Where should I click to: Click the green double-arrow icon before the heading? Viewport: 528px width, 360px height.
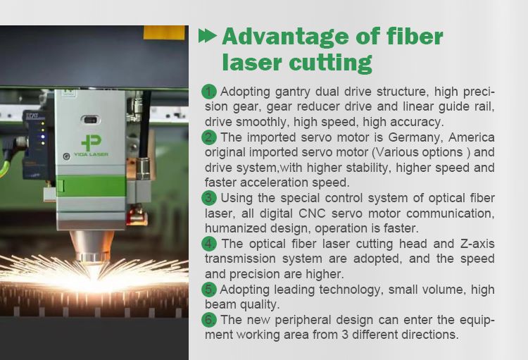tap(208, 37)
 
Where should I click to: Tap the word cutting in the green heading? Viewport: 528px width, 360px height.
tap(332, 62)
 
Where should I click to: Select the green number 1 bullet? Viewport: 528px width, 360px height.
tap(209, 92)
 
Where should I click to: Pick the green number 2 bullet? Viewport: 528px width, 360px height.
tap(209, 137)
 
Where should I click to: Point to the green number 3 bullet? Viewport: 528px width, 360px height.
tap(209, 198)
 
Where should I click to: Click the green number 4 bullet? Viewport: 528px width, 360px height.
tap(209, 244)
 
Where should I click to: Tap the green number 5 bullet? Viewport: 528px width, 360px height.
tap(209, 290)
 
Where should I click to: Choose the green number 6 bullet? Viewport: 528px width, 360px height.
tap(209, 320)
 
